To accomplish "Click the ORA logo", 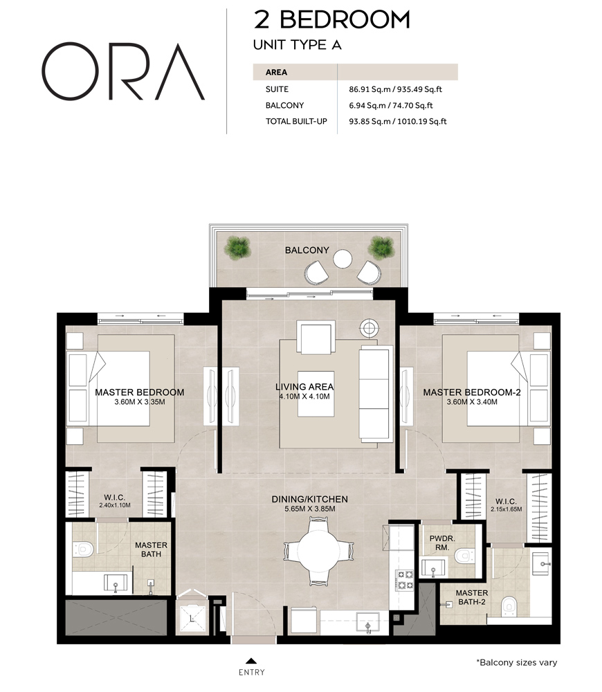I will point(123,71).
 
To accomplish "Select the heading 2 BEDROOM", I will point(332,19).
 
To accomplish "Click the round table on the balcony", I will point(343,259).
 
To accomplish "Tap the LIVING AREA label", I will point(304,387).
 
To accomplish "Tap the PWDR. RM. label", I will point(441,542).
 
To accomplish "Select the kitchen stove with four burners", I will point(403,580).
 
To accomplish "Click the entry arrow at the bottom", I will point(251,660).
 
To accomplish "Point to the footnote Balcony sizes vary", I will point(516,662).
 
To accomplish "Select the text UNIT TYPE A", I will point(298,45).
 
